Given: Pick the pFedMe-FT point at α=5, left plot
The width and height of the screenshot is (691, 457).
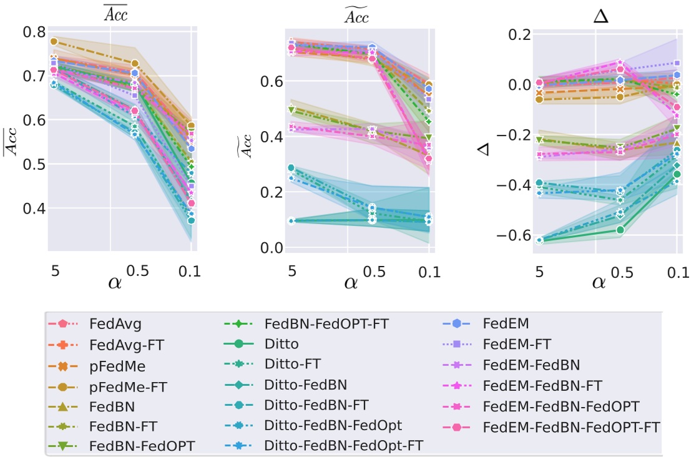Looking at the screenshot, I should click(x=54, y=42).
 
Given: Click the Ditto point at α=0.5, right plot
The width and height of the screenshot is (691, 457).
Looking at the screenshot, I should click(x=620, y=230).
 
